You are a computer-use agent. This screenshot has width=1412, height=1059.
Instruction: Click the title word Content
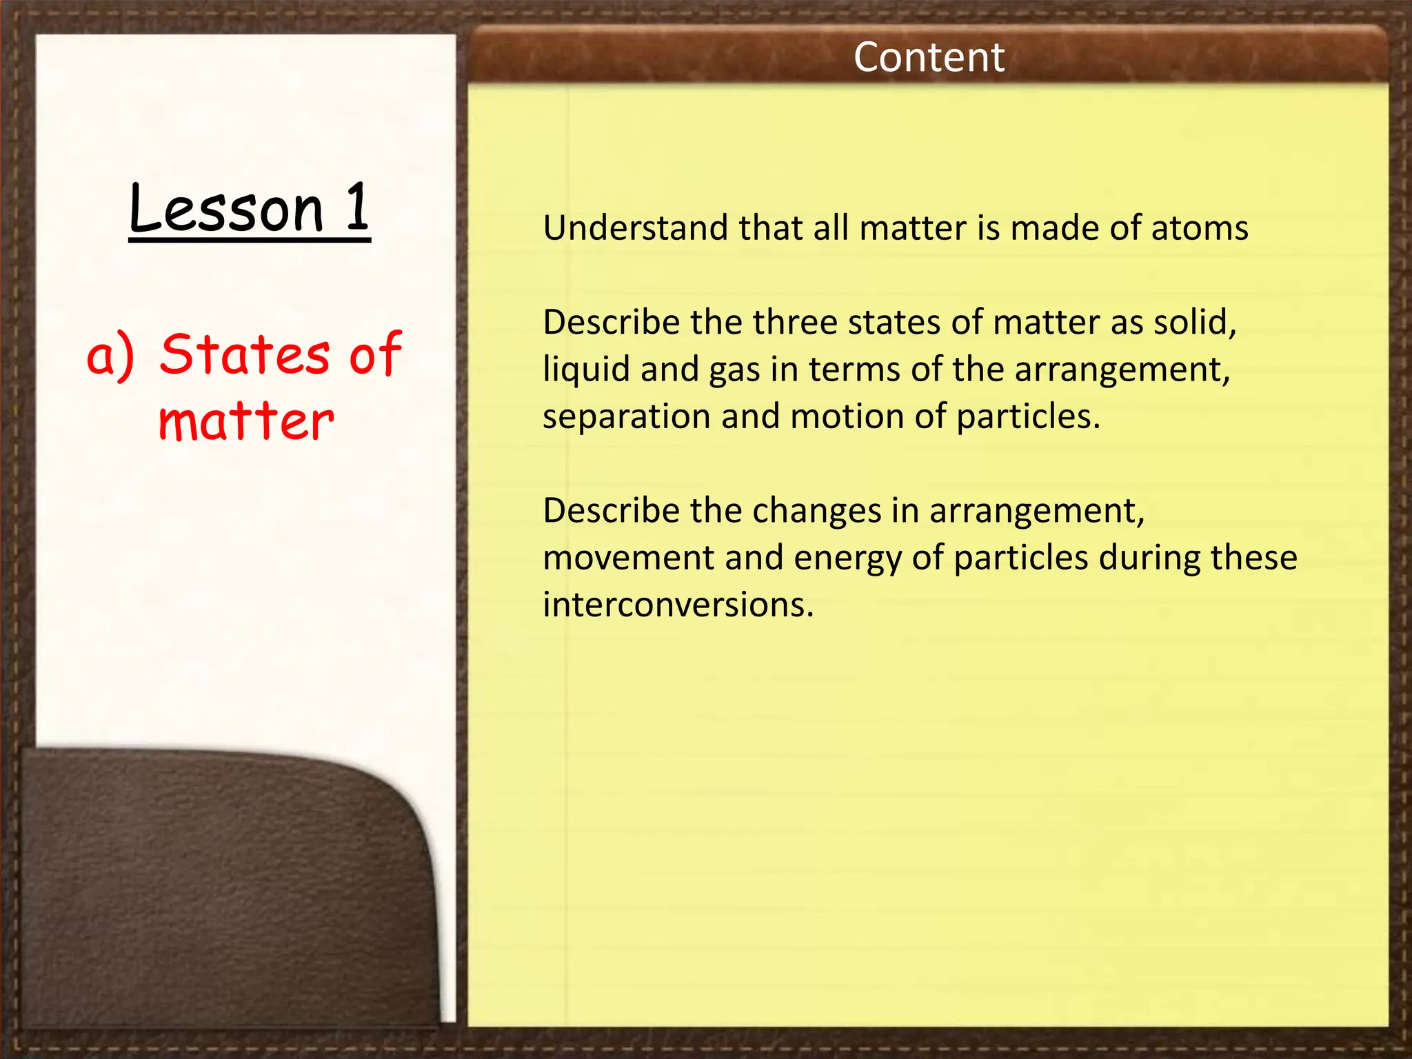click(928, 57)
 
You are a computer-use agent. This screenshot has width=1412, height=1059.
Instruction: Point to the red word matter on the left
click(246, 421)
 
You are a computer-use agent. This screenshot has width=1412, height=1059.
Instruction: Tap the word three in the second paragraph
click(794, 322)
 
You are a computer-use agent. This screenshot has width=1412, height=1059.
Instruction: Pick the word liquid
click(586, 370)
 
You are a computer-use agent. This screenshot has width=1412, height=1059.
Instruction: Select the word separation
click(626, 416)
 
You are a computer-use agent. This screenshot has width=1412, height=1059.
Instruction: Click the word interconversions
click(678, 605)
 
